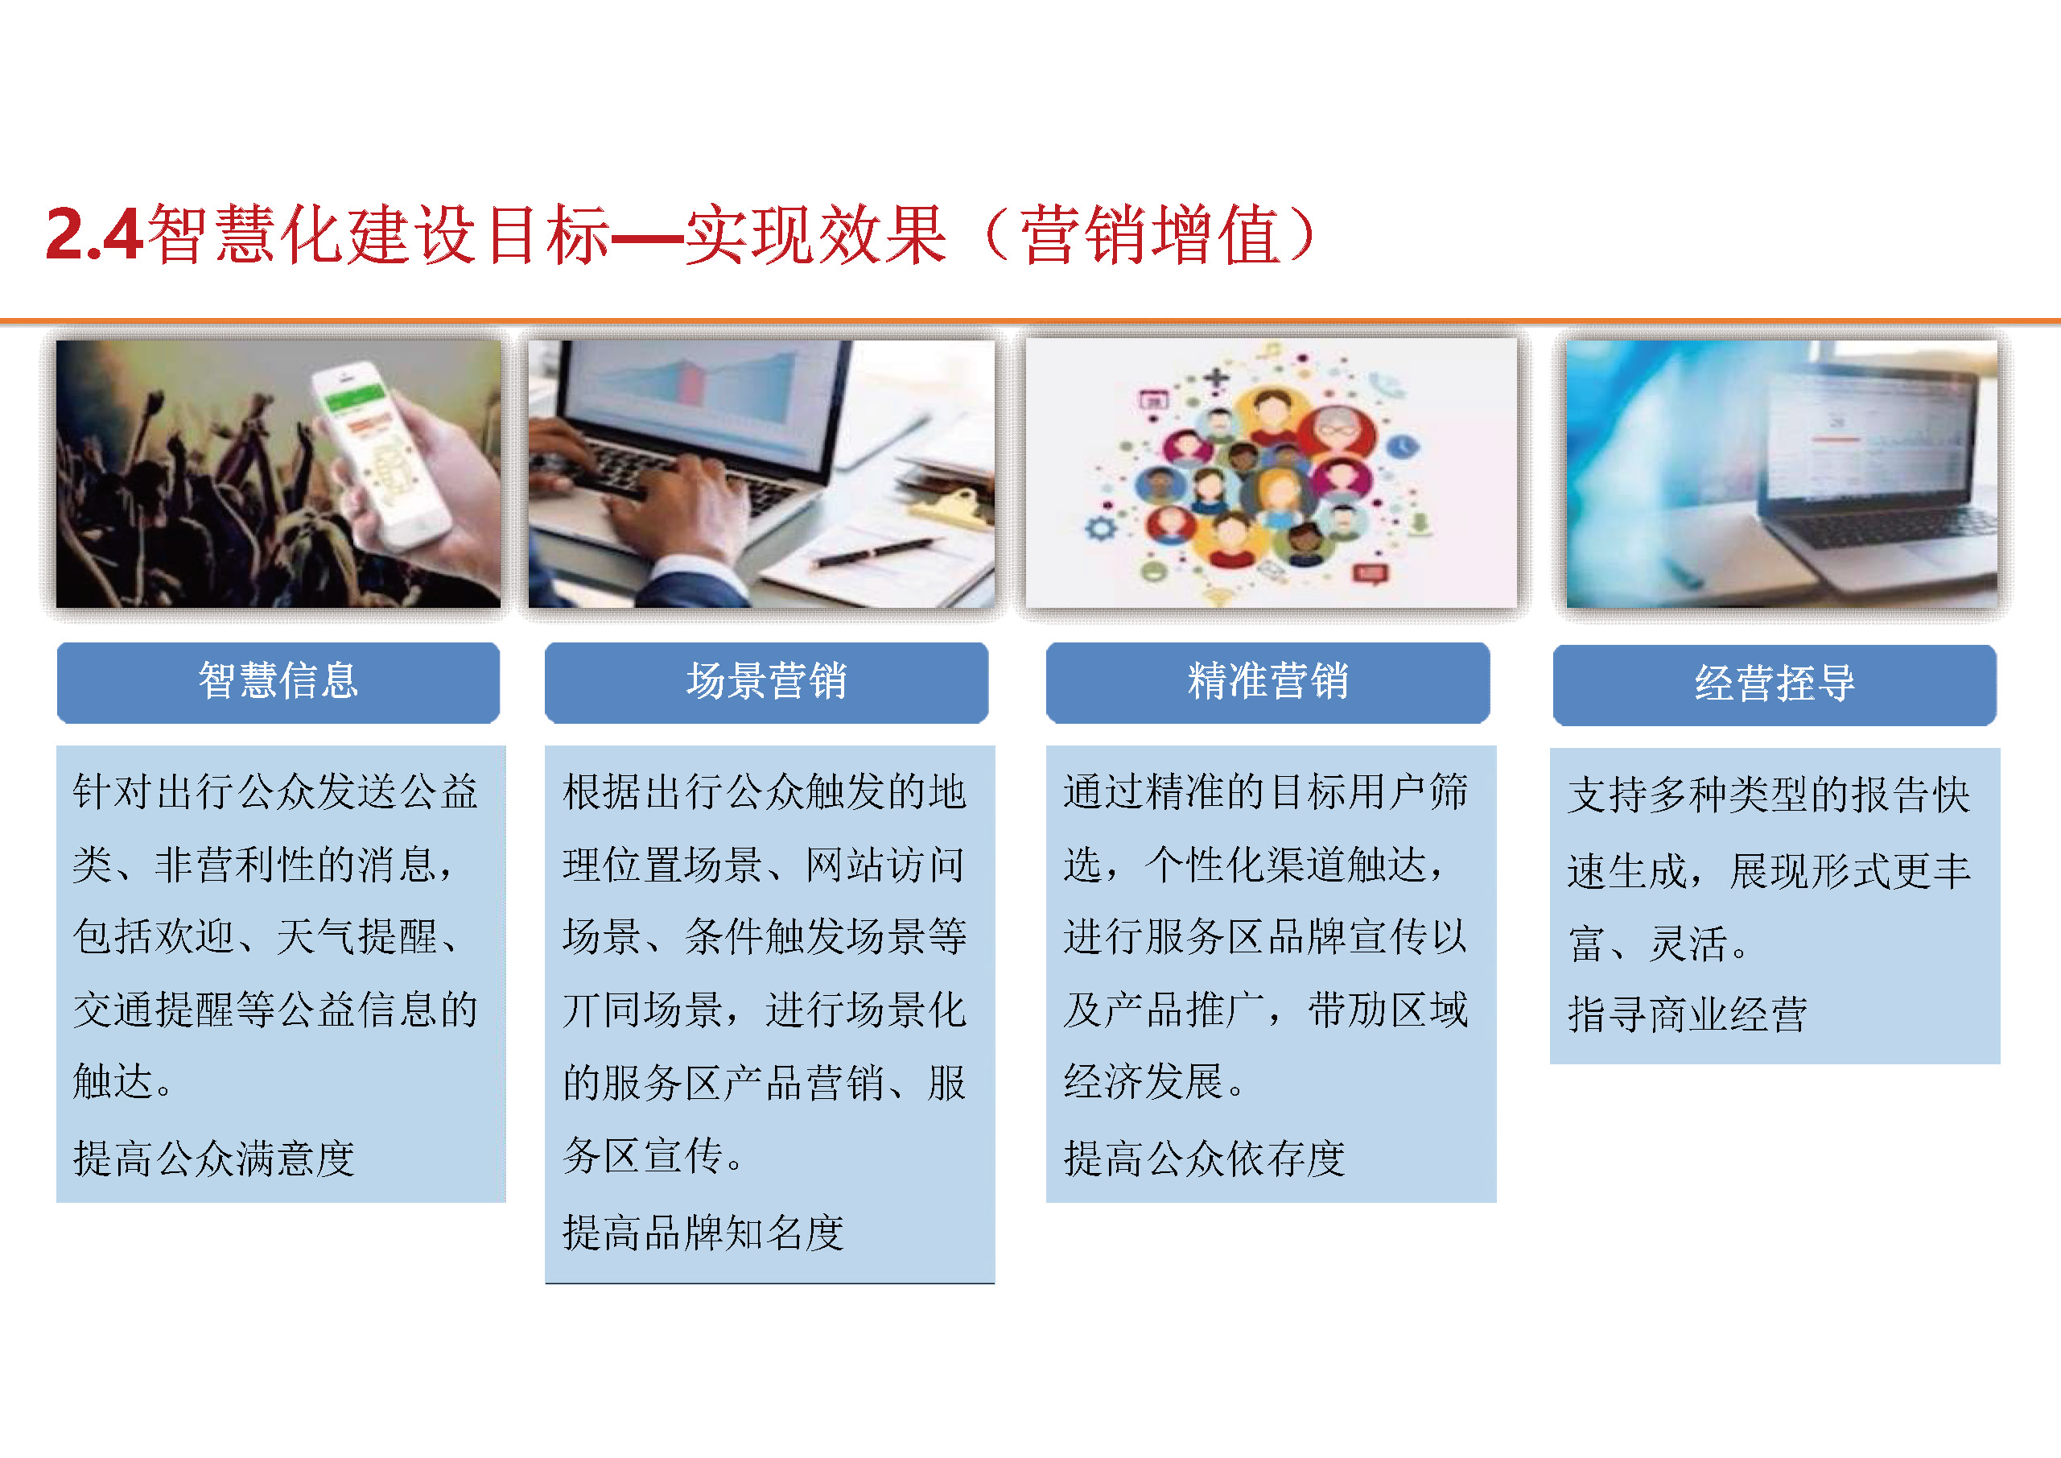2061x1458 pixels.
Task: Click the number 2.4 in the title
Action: click(x=93, y=234)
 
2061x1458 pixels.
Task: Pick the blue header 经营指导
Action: click(x=1775, y=684)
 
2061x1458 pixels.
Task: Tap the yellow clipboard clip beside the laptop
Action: click(x=947, y=507)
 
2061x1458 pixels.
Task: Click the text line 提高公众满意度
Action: click(x=213, y=1159)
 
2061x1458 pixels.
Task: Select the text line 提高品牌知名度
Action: click(x=703, y=1233)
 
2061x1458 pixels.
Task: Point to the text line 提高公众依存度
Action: click(x=1205, y=1159)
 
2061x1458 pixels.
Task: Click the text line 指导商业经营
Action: click(x=1688, y=1014)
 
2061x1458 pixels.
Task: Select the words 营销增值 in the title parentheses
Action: click(x=1150, y=234)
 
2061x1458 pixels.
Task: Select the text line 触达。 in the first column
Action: click(x=123, y=1082)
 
